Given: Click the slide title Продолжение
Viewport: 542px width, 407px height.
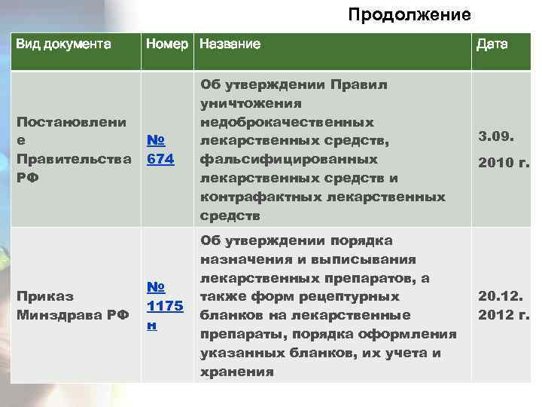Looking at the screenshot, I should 410,15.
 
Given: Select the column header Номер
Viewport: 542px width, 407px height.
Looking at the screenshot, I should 168,44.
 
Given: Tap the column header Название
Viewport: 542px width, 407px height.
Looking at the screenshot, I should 230,44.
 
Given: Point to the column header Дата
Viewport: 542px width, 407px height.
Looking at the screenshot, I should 492,44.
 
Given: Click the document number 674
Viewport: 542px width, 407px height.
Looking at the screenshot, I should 161,160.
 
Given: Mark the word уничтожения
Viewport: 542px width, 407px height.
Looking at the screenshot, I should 251,103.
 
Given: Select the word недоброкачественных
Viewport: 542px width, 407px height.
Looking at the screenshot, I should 287,122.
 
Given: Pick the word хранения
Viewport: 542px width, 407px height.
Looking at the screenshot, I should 236,371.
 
